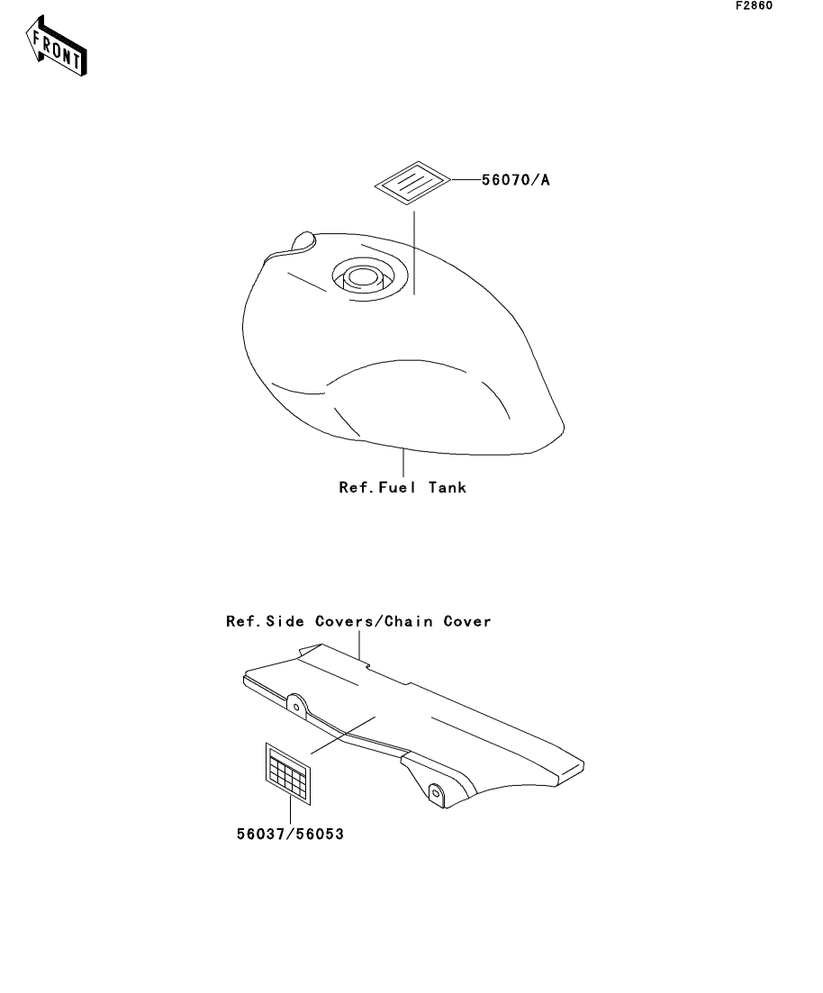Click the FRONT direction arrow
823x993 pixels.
pos(57,47)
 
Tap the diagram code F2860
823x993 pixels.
pos(754,5)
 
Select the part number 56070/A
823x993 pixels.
pos(516,180)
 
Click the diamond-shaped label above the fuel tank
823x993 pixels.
pos(412,183)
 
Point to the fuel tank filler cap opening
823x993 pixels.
pos(363,277)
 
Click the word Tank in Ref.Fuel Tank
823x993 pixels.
pos(448,488)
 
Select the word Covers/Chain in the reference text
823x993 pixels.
pos(374,622)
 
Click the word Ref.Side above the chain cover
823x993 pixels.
pos(265,622)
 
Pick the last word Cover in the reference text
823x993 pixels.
pos(467,622)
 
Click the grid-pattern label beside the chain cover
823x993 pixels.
pos(288,774)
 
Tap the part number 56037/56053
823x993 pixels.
pos(290,834)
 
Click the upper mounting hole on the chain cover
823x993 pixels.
pos(296,707)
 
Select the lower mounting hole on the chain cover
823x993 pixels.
pos(435,792)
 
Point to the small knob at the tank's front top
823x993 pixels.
pos(303,240)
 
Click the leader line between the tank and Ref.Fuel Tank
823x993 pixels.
pos(403,463)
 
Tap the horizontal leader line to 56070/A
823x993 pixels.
pos(466,180)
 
